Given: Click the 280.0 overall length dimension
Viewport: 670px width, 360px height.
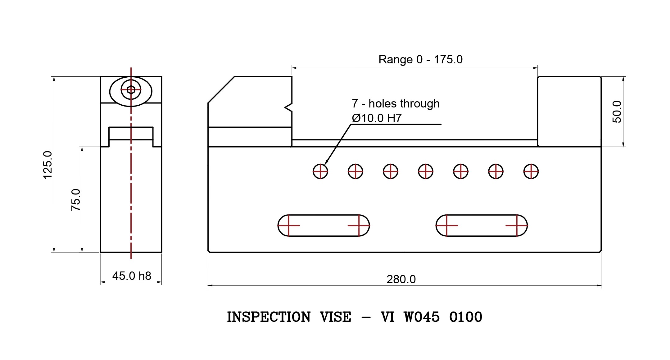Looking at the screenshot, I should [x=401, y=279].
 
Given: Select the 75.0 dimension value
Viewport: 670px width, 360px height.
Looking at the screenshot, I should [x=75, y=200].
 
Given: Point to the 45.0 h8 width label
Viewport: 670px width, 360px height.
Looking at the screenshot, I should [x=132, y=276].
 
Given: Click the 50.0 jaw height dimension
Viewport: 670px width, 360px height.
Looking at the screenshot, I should [x=617, y=112].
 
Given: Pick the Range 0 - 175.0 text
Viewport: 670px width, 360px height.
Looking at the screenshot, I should [x=420, y=59].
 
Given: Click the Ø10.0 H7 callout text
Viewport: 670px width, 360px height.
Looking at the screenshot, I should [x=377, y=118].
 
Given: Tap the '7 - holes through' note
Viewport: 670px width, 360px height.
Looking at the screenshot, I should [x=396, y=103].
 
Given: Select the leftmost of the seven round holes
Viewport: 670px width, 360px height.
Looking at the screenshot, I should [x=320, y=171].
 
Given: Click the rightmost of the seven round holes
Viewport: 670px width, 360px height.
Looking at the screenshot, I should [x=531, y=171].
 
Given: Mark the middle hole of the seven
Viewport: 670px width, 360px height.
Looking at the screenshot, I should [x=425, y=171].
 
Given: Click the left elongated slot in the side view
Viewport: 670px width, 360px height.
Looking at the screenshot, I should [x=324, y=225].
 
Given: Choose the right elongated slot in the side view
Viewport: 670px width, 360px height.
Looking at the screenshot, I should [x=482, y=225].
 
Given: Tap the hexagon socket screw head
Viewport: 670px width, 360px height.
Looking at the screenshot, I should [x=131, y=90].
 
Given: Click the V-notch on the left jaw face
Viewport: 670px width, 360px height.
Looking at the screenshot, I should [x=288, y=107].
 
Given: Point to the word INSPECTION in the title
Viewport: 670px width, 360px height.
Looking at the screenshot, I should [x=269, y=317].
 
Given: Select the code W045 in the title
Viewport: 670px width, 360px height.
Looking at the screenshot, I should [x=422, y=317].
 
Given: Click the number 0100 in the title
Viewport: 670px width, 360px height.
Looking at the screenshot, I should [x=466, y=317].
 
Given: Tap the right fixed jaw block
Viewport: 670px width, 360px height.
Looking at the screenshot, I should [x=569, y=111].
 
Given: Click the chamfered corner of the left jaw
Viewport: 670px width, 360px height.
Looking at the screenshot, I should [x=221, y=89].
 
